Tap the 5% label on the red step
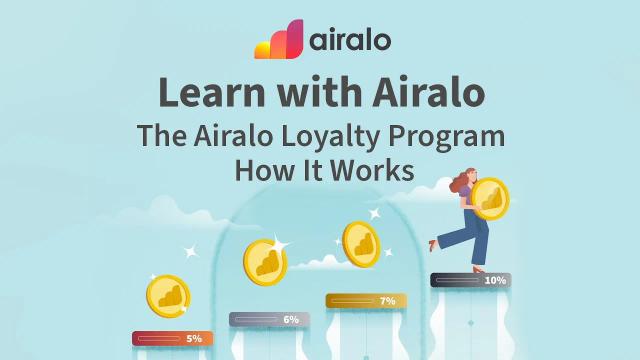click(x=194, y=339)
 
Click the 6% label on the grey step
click(x=291, y=320)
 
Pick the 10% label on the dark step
click(x=495, y=281)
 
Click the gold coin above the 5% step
click(x=168, y=296)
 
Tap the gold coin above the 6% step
click(x=265, y=262)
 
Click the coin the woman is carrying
click(x=489, y=198)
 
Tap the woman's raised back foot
click(x=432, y=243)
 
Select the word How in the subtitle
click(x=262, y=170)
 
